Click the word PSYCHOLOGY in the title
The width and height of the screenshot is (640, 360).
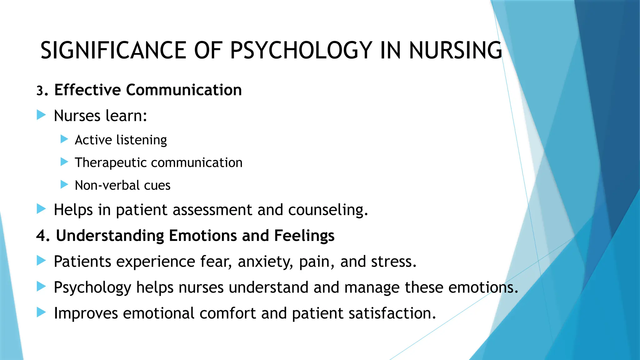point(301,51)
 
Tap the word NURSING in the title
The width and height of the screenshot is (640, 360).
point(455,51)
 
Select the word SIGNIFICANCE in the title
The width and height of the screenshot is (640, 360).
point(113,51)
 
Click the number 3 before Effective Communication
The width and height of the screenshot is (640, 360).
point(40,91)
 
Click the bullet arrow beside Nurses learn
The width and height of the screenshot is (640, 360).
point(41,115)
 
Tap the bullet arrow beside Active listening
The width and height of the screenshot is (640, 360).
point(64,139)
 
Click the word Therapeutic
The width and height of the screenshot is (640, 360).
point(110,163)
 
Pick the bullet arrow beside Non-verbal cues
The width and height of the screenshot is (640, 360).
point(64,184)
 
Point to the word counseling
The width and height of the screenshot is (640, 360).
point(328,210)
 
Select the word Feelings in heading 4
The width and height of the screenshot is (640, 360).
point(304,236)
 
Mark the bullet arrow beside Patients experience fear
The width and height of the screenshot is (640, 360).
point(41,260)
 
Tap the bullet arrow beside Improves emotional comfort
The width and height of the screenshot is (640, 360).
point(41,312)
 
